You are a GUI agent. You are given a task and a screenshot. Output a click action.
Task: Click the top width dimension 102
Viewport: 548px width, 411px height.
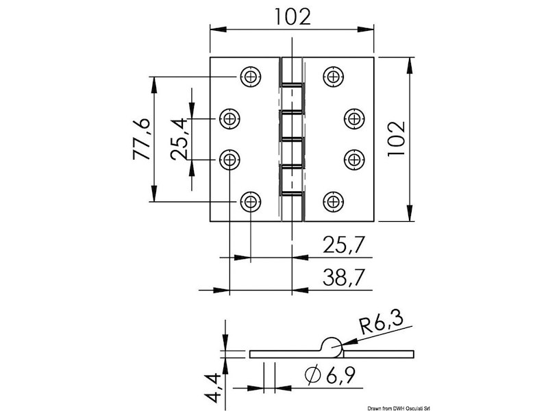[x=292, y=15]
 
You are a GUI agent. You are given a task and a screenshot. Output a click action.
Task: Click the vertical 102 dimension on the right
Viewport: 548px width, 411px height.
[x=397, y=140]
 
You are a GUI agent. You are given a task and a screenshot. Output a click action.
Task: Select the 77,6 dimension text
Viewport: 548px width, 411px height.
[x=141, y=140]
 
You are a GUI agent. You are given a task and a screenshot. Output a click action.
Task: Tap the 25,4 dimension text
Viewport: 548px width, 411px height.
[x=179, y=139]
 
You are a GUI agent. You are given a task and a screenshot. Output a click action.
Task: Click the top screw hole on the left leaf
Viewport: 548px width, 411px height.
[x=251, y=76]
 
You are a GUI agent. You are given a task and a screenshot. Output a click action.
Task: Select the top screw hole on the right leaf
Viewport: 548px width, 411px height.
[x=334, y=76]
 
